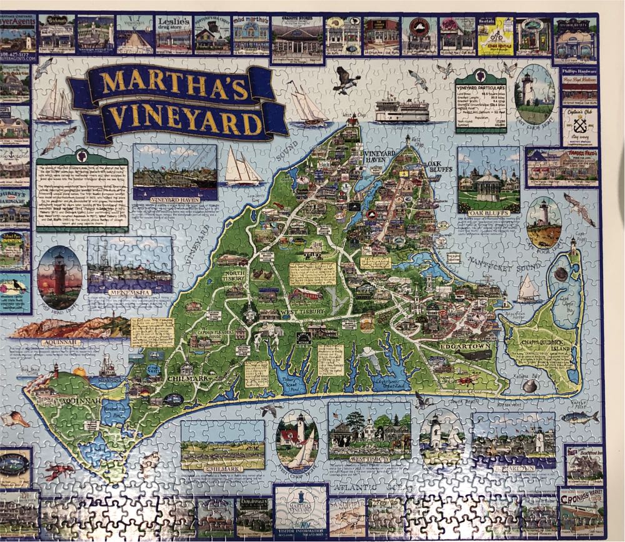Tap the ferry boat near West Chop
pyautogui.click(x=401, y=111)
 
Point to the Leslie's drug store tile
pyautogui.click(x=173, y=34)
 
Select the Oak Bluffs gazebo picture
pyautogui.click(x=488, y=180)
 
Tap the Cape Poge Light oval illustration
pyautogui.click(x=543, y=222)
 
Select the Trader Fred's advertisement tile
pyautogui.click(x=562, y=167)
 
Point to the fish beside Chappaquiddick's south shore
pyautogui.click(x=579, y=418)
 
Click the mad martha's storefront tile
pyautogui.click(x=251, y=34)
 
